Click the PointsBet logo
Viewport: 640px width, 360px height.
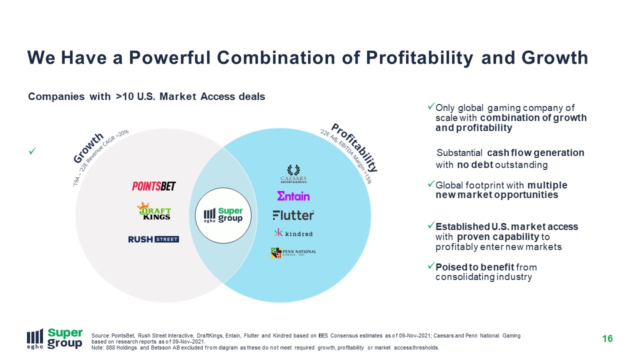(153, 186)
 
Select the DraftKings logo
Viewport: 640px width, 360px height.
(153, 211)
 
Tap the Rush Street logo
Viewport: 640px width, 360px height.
(153, 239)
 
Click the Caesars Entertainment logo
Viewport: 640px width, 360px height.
(293, 173)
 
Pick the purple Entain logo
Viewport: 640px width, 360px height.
(293, 196)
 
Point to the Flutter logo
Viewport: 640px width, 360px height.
(293, 215)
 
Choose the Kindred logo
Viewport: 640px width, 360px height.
(293, 233)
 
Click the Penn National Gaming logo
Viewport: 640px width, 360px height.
(293, 252)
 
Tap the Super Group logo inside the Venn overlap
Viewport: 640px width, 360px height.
(223, 215)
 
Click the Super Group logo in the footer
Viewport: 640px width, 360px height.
(55, 339)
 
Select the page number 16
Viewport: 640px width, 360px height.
(607, 339)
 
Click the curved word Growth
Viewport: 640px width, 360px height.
(88, 147)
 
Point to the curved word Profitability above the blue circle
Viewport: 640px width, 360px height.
(355, 147)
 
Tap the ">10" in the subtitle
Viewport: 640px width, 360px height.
(125, 96)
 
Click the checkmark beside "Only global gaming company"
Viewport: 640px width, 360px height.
(431, 106)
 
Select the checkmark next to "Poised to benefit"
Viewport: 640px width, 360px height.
(431, 265)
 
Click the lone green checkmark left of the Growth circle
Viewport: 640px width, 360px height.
(32, 151)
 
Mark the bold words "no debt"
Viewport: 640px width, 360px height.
(475, 165)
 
